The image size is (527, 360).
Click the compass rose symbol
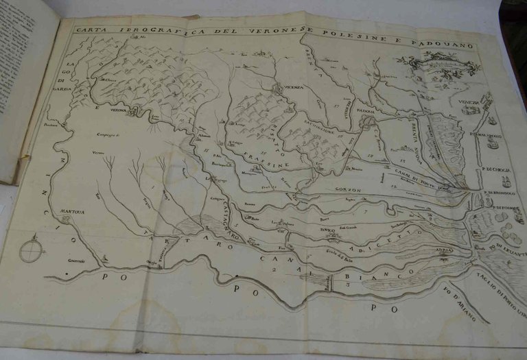pos(32,250)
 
